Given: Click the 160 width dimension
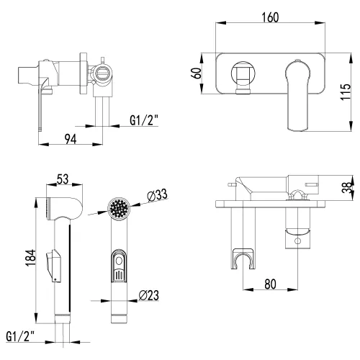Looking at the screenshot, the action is (270, 17).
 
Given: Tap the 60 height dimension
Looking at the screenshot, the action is (197, 73).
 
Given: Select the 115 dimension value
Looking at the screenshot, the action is (346, 92).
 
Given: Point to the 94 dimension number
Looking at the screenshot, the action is (71, 139).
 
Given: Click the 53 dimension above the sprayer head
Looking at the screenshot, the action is (63, 179).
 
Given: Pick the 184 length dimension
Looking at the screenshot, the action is (31, 258).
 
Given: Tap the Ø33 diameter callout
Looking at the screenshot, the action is (157, 195).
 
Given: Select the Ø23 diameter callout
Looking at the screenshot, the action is (149, 295).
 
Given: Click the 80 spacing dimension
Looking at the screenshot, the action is (270, 284).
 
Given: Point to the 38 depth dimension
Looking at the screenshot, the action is (347, 187).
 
